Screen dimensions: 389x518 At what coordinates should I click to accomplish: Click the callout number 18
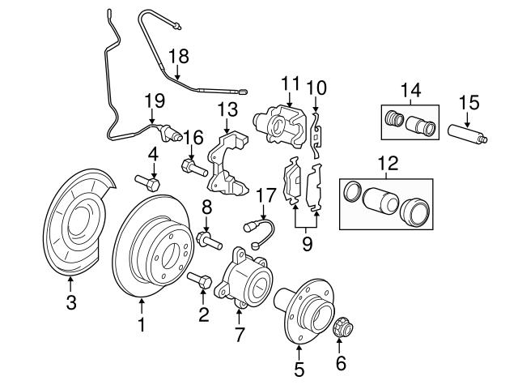pos(178,55)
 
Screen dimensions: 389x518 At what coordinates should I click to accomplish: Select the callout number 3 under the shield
pos(70,304)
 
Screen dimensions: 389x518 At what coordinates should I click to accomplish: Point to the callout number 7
pos(239,334)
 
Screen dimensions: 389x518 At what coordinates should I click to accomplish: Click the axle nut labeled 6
pos(341,327)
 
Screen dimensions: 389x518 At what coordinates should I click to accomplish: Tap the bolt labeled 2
pos(201,281)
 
